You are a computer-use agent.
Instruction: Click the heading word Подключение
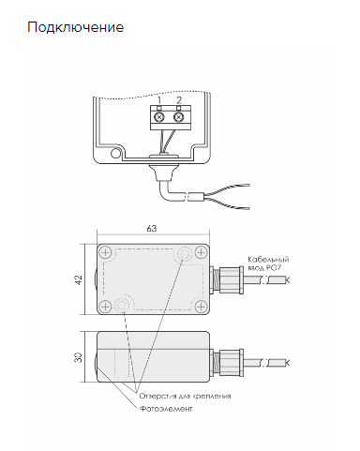76,27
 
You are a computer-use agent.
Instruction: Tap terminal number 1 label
159,100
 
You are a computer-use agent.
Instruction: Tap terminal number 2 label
179,100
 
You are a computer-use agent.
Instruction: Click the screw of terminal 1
159,117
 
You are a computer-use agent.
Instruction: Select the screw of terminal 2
178,117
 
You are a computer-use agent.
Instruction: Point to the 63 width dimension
152,229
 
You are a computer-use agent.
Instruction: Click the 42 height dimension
79,279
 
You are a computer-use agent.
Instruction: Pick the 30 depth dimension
79,357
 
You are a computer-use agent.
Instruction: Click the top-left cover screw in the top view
106,252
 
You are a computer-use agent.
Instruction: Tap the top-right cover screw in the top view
201,252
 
